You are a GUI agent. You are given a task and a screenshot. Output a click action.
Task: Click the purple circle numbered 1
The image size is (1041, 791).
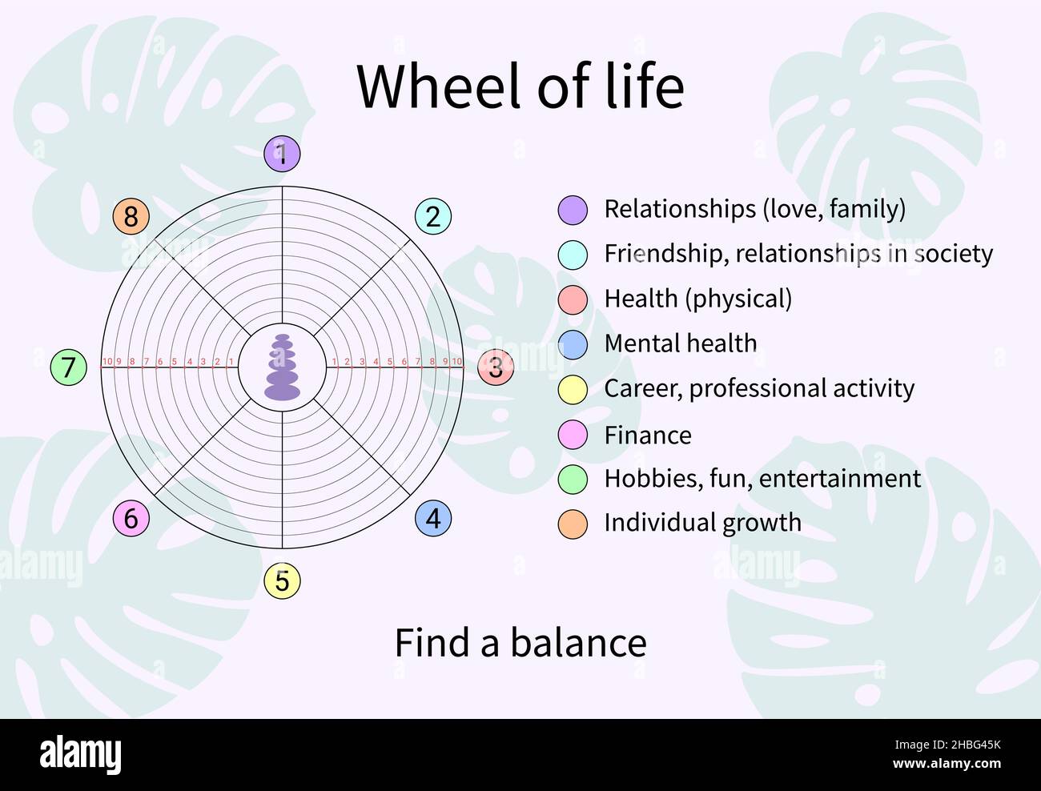pos(282,153)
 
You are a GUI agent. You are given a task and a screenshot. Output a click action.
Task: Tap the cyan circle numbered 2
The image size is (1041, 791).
pos(433,216)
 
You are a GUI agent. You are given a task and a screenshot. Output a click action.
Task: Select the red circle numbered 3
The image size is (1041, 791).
pos(496,367)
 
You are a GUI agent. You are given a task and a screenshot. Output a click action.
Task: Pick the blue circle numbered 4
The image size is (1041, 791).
pos(433,518)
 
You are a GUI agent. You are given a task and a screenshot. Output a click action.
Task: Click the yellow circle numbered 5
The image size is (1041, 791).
pos(282,580)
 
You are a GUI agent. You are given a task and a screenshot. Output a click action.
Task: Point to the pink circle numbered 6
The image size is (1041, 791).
pos(131,518)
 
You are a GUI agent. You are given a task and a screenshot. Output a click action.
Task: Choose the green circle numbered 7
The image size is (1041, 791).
pos(68,367)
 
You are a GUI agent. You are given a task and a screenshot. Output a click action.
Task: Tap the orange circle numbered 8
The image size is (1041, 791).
pos(131,216)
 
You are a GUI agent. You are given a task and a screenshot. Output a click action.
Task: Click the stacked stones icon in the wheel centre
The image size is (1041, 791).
pos(282,367)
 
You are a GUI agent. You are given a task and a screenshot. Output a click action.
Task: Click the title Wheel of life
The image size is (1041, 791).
pos(520,86)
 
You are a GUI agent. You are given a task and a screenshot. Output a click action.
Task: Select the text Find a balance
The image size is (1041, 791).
pos(520,643)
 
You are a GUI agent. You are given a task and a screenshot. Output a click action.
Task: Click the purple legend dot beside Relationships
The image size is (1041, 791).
pos(573,210)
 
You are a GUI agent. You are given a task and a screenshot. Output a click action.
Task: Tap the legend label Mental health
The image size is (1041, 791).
pos(680,343)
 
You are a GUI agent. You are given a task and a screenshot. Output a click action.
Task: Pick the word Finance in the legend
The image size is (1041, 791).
pos(647,436)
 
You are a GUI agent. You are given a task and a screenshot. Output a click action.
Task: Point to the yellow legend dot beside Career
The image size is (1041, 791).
pos(573,389)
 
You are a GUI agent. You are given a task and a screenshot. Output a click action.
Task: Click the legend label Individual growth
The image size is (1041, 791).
pos(702,523)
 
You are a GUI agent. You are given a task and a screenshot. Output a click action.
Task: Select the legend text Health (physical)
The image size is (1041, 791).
pos(697,299)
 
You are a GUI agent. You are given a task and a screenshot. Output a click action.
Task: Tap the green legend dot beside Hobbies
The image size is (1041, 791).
pos(573,479)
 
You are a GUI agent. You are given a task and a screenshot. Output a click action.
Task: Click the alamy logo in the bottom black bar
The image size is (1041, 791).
pos(81,755)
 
